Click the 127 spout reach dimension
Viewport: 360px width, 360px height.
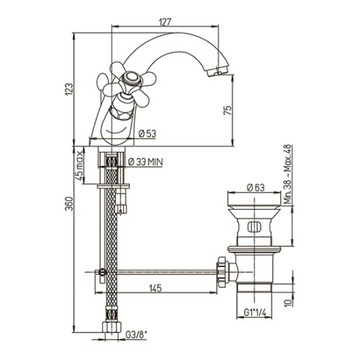[x=165, y=22]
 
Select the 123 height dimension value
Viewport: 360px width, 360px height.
[x=69, y=89]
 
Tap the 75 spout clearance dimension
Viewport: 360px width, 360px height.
[x=228, y=109]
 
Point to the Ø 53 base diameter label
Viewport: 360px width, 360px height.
[x=148, y=133]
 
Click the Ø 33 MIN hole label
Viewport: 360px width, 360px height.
[x=145, y=162]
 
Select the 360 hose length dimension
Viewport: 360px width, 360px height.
[x=69, y=204]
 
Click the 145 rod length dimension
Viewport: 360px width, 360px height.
[x=156, y=288]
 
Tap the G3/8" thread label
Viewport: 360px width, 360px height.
[x=136, y=335]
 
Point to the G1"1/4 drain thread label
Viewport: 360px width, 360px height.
[x=255, y=312]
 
